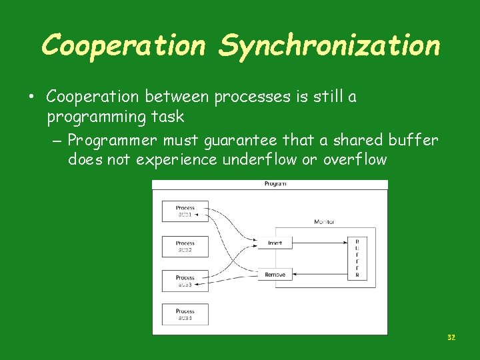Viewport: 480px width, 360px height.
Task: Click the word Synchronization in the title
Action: tap(329, 45)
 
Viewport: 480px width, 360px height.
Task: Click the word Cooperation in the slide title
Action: tap(124, 45)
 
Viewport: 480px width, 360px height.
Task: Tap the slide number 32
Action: tap(451, 338)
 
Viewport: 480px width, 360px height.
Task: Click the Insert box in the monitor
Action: tap(275, 243)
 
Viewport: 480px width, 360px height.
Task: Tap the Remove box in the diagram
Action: tap(275, 275)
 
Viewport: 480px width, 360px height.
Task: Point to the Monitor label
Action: tap(324, 221)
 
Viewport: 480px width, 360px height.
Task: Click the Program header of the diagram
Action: tap(275, 184)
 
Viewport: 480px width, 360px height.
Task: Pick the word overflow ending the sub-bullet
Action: tap(355, 160)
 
